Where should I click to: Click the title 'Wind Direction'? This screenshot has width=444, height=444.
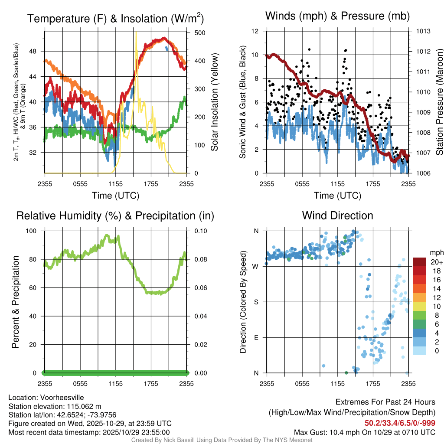point(337,215)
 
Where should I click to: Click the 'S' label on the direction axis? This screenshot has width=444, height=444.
point(256,302)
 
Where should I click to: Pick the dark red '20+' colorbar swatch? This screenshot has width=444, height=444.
point(420,262)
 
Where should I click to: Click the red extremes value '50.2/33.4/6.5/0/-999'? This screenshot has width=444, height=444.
point(400,423)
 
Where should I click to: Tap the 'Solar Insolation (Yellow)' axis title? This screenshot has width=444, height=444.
point(214,102)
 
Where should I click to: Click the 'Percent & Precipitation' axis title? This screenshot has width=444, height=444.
point(16,302)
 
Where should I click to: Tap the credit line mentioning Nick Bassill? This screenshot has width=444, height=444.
point(222,440)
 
